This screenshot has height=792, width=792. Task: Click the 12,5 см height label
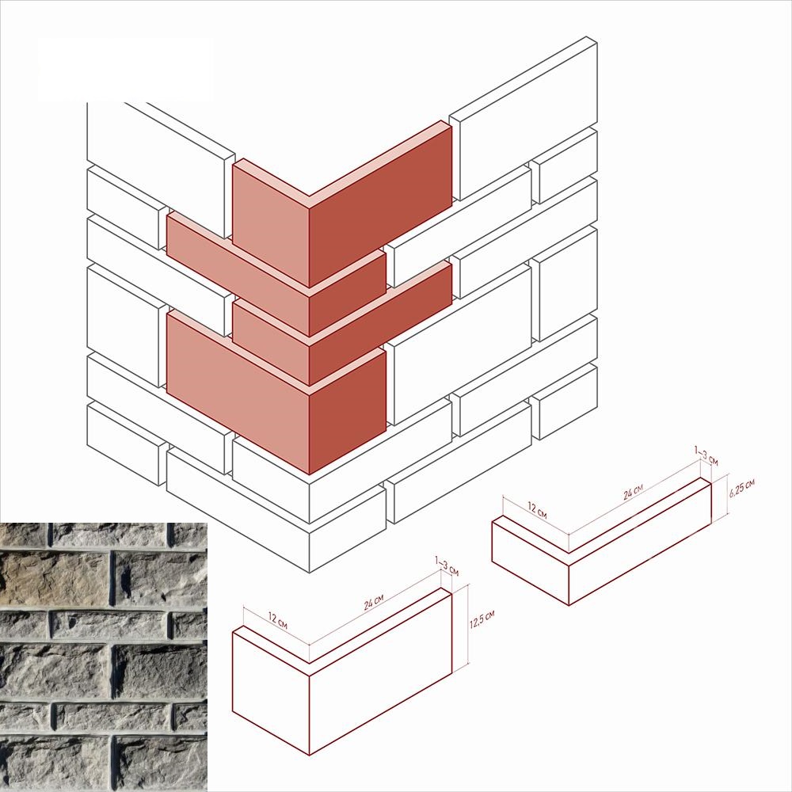tap(482, 619)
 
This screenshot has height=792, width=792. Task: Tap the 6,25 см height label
tap(741, 489)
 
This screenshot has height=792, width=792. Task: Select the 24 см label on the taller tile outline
tap(374, 602)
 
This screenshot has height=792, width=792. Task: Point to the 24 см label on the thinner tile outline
tap(633, 492)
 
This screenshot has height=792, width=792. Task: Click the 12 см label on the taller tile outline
tap(277, 620)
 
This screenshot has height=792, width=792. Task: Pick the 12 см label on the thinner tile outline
tap(537, 510)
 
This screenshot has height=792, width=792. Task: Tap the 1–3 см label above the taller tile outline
tap(447, 566)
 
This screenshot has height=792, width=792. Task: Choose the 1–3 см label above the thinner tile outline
tap(706, 455)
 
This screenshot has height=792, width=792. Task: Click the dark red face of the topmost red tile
tap(380, 204)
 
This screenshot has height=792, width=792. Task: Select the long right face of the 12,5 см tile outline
tap(380, 672)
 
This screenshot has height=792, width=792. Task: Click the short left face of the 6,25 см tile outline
tap(531, 564)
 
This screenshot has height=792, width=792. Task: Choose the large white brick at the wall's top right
tap(524, 120)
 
